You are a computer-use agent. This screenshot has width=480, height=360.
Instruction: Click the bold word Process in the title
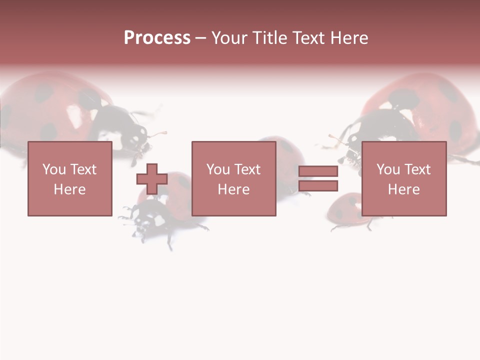tap(157, 38)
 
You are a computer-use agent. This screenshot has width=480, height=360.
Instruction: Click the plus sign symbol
tap(152, 179)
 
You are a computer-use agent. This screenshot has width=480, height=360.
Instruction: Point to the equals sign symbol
tap(318, 178)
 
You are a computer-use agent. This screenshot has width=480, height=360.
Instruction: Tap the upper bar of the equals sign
tap(318, 171)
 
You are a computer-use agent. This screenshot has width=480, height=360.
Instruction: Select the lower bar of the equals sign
tap(318, 185)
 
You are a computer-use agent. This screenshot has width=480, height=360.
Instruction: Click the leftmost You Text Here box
tap(69, 178)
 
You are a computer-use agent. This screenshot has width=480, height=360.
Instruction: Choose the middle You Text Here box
tap(233, 178)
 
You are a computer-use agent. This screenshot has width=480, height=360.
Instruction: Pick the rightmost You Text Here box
tap(403, 178)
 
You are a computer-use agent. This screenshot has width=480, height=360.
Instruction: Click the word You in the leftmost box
tap(53, 169)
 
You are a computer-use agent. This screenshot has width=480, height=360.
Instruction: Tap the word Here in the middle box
tap(233, 189)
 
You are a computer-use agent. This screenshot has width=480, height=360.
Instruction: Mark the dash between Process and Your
tap(200, 38)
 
